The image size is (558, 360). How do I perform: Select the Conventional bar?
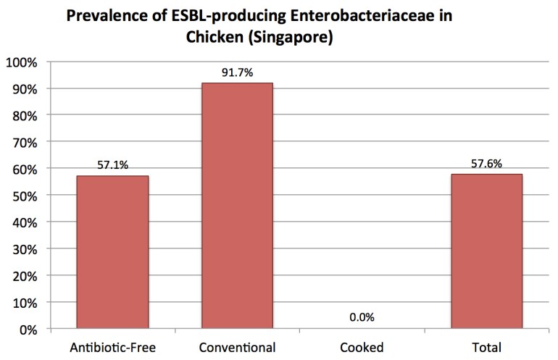(x=237, y=206)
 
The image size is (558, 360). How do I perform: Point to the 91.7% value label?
(x=237, y=73)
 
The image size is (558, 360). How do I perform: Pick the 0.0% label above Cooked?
(x=362, y=318)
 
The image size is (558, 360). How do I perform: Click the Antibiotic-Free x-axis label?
(x=112, y=347)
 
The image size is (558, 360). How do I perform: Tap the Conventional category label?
(x=237, y=347)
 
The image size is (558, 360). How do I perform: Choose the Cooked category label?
(x=362, y=347)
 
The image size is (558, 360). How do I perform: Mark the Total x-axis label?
(x=486, y=347)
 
